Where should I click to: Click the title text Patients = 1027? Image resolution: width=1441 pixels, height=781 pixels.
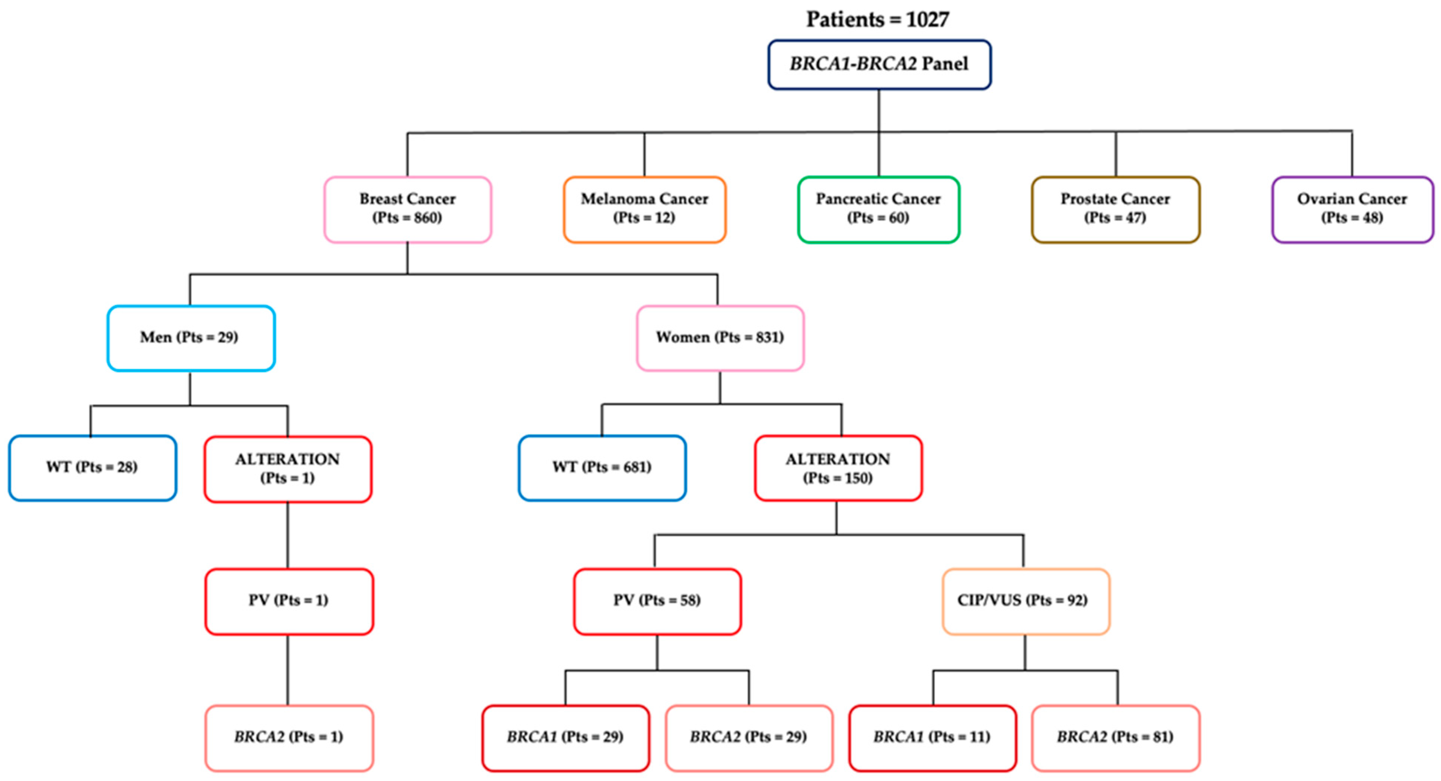[x=877, y=20]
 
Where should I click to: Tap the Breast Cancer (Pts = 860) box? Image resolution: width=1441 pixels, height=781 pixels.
[x=407, y=209]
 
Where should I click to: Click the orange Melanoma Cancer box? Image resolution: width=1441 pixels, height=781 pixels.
[x=644, y=209]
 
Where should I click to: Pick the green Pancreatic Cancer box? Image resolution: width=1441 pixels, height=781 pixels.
[x=878, y=209]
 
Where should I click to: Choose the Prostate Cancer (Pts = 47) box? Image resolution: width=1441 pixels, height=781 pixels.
[x=1115, y=209]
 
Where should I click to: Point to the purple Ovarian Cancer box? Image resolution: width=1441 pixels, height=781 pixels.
[x=1352, y=209]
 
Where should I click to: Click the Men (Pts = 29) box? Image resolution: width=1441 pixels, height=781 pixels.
[x=191, y=338]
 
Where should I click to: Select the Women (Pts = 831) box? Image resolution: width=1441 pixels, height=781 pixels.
[x=720, y=338]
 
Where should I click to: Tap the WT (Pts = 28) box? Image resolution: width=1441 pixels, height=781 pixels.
[x=92, y=467]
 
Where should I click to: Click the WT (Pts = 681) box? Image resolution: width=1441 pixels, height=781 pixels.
[x=602, y=467]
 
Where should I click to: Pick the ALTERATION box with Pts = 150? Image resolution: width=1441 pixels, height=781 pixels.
[x=838, y=468]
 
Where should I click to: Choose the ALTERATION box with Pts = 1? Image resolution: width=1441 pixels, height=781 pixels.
[x=287, y=468]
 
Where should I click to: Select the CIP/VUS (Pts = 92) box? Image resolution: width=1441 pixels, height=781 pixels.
[x=1025, y=601]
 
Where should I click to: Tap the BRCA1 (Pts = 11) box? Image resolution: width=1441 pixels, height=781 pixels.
[x=932, y=737]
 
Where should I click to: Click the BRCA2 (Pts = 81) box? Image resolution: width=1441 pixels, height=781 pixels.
[x=1115, y=737]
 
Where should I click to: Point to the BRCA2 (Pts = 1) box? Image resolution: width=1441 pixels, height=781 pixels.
[x=288, y=737]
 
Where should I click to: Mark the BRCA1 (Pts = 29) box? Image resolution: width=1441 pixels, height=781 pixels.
[x=565, y=737]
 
